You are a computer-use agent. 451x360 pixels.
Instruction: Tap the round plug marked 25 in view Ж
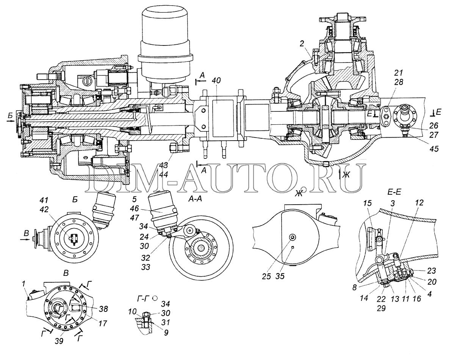[292, 237]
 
